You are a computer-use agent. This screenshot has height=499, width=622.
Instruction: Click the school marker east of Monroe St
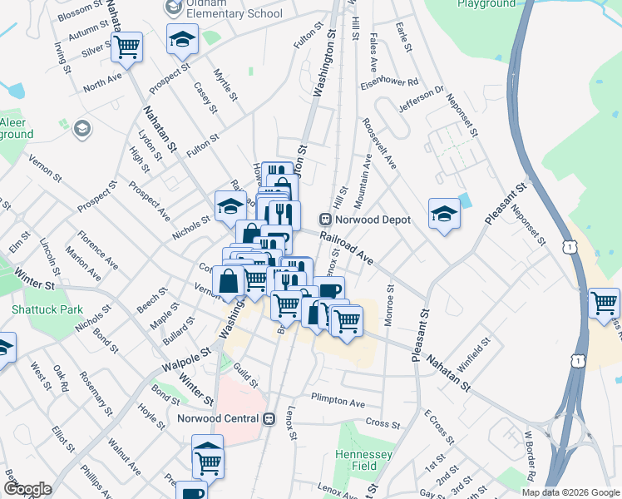click(x=444, y=214)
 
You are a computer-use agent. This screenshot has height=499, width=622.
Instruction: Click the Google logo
click(x=27, y=489)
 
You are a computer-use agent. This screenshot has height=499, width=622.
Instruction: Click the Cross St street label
click(x=383, y=422)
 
